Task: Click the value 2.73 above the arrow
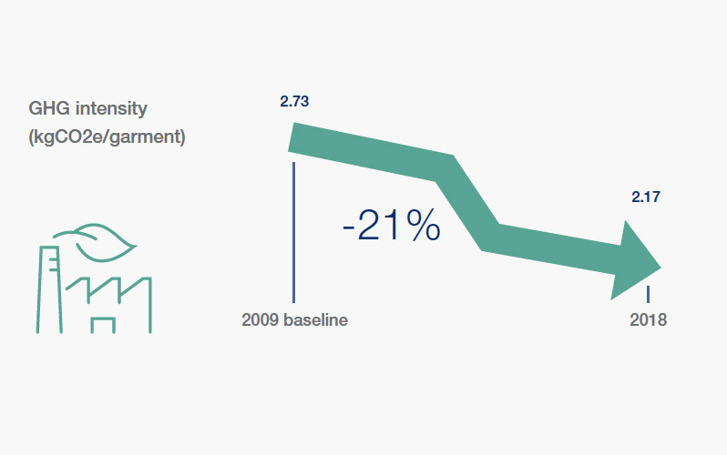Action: [x=294, y=101]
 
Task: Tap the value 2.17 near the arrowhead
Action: [x=646, y=197]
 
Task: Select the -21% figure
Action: [x=392, y=225]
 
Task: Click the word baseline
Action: [x=315, y=319]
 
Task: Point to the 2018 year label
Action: [x=648, y=319]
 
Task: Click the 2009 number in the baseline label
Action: [x=260, y=319]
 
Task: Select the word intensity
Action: [x=111, y=108]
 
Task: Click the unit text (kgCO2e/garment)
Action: [x=108, y=137]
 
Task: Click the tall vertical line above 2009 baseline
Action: [x=293, y=232]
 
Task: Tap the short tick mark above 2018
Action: [x=648, y=294]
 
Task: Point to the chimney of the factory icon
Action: [x=49, y=289]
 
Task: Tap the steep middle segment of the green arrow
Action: [x=467, y=203]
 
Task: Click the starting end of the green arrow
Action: [x=292, y=137]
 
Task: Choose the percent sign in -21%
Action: [x=423, y=225]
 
